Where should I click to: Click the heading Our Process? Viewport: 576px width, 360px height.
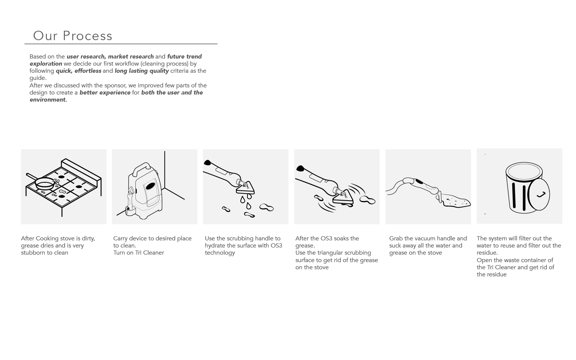coord(73,36)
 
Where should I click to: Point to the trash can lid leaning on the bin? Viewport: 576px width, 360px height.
coord(538,194)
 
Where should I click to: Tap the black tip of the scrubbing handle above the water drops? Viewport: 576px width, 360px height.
coord(207,162)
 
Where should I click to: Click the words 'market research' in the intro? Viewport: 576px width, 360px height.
coord(130,57)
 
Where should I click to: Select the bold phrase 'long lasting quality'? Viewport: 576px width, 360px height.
coord(142,71)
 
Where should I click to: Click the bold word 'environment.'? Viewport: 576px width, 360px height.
coord(48,100)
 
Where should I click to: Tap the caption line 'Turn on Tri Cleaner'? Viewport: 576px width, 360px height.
coord(139,253)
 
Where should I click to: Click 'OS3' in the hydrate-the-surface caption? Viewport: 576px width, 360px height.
coord(276,246)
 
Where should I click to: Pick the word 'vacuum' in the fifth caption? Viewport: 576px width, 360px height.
coord(423,238)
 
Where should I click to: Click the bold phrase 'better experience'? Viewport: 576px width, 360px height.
coord(105,93)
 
